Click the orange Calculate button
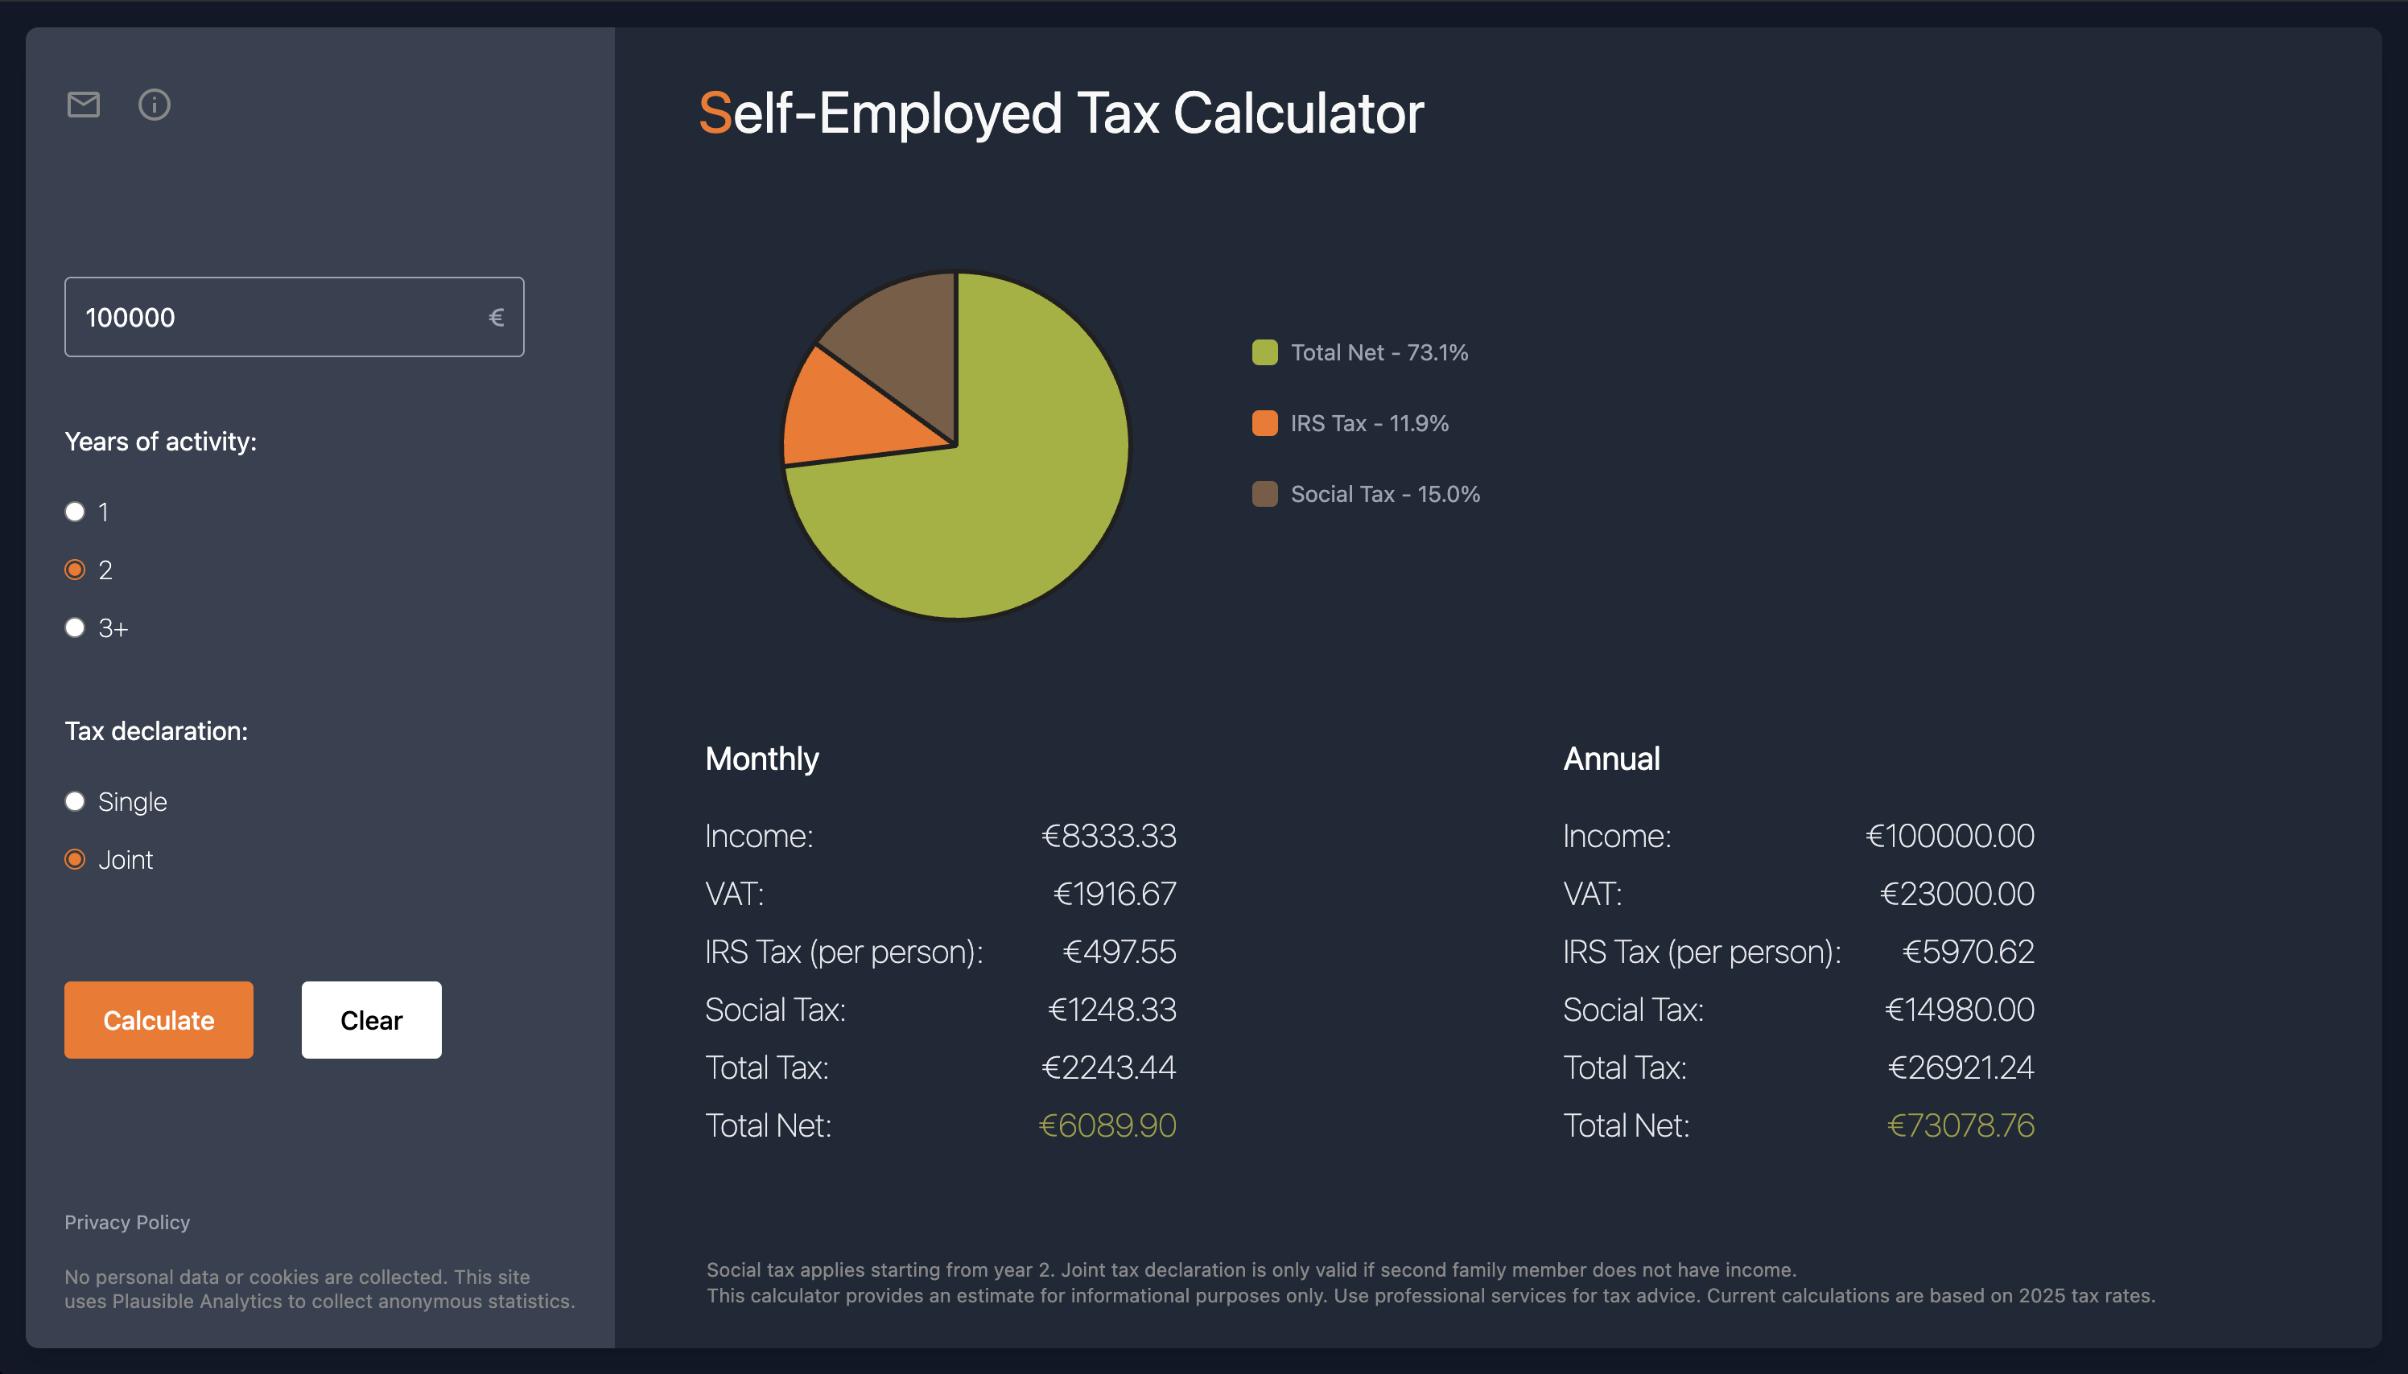pos(159,1020)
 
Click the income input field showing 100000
pos(283,317)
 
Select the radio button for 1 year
pos(75,512)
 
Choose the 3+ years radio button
pos(75,627)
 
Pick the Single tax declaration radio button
pos(75,801)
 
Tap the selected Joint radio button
pos(75,860)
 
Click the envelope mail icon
pos(83,105)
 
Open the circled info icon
pos(155,105)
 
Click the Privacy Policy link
pos(127,1222)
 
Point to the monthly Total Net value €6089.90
pos(1107,1125)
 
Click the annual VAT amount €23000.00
pos(1956,894)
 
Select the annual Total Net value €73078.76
pos(1961,1125)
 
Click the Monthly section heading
pos(762,759)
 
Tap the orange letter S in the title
pos(715,114)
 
